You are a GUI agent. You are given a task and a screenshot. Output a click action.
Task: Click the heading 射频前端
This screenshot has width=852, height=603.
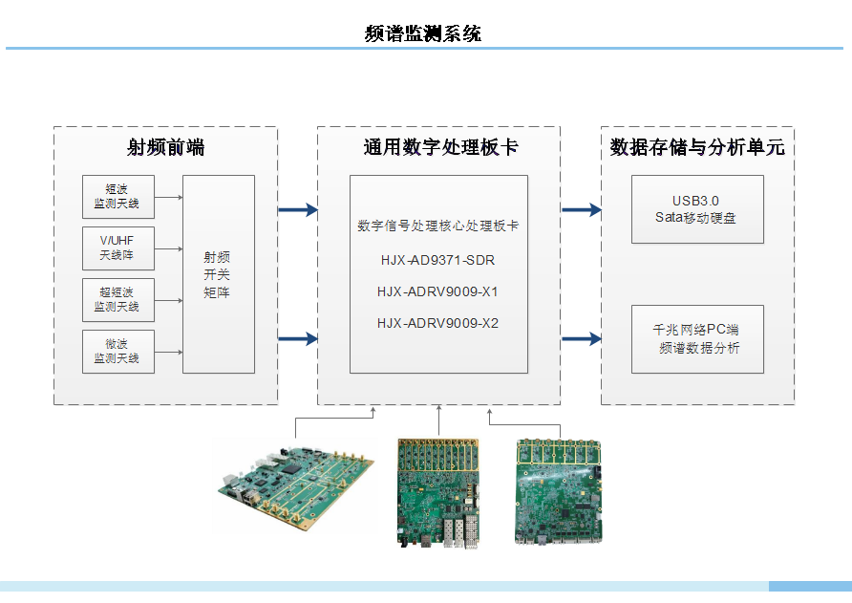coord(165,147)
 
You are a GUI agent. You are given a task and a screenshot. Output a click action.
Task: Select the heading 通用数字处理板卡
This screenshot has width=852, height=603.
coord(440,147)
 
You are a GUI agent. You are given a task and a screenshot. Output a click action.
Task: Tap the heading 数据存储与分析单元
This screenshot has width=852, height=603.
coord(697,147)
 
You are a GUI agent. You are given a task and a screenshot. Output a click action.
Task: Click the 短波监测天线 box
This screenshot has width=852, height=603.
coord(117,196)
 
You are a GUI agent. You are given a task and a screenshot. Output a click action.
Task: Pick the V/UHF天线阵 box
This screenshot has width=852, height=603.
coord(117,248)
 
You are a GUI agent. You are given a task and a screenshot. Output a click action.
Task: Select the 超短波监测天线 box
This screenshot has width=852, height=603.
coord(117,299)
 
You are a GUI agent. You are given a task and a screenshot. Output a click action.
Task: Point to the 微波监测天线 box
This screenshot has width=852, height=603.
coord(117,351)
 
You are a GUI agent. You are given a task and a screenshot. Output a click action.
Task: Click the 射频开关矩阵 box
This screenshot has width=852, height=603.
coord(218,273)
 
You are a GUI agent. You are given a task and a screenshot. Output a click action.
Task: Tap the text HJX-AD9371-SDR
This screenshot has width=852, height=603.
coord(437,260)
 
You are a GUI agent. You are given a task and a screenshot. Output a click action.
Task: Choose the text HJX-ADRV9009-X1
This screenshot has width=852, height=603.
coord(437,291)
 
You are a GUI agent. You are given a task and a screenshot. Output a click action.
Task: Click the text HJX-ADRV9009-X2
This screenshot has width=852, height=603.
coord(437,323)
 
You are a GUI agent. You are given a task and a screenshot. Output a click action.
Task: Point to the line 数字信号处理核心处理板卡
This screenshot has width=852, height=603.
coord(437,226)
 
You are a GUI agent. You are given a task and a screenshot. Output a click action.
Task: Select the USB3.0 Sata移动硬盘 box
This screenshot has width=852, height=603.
coord(697,208)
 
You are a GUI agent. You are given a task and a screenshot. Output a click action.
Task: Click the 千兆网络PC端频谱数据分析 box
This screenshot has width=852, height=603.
coord(697,338)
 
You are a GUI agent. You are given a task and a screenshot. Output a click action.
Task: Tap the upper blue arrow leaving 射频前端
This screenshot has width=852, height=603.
coord(297,209)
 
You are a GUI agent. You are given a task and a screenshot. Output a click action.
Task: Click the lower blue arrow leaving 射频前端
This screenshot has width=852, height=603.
coord(297,338)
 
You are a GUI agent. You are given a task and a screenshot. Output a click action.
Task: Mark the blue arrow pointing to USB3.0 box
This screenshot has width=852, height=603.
coord(581,209)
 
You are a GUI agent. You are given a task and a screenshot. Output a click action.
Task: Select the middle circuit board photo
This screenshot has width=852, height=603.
coord(438,492)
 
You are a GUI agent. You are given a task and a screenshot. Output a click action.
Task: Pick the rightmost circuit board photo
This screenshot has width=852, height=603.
coord(559,491)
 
